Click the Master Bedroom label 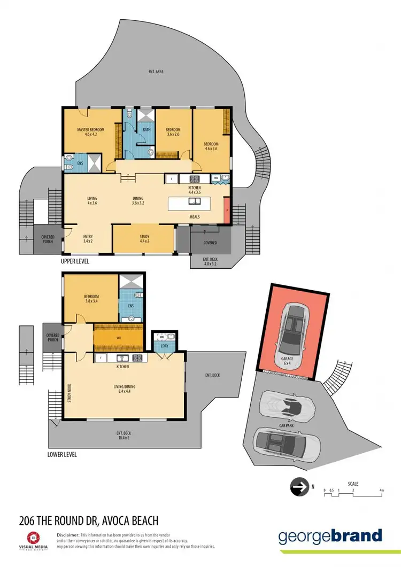click(x=90, y=133)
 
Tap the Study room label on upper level click(x=144, y=239)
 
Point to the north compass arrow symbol click(x=299, y=487)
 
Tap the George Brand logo click(x=330, y=536)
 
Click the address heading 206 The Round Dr click(x=89, y=520)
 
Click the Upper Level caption click(x=75, y=262)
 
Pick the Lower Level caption click(x=62, y=454)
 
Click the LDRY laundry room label click(x=164, y=346)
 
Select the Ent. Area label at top click(x=156, y=71)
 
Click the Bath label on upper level click(x=146, y=129)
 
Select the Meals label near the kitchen click(x=195, y=217)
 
